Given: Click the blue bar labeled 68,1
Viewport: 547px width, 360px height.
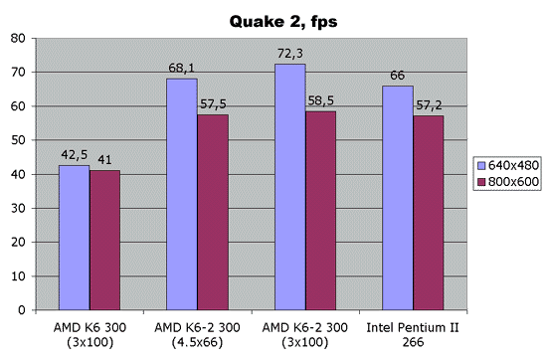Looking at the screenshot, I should point(182,194).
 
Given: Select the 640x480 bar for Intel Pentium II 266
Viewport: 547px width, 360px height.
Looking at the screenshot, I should point(398,198).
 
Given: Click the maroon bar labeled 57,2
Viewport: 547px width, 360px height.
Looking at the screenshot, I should point(428,213).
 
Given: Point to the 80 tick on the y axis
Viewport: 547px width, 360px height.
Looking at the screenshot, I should point(19,39).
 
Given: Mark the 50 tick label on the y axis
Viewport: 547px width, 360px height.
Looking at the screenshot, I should point(19,140).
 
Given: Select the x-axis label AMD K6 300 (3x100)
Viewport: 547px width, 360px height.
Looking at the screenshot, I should point(90,332).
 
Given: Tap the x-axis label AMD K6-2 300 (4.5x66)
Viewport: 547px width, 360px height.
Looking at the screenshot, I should point(197,332).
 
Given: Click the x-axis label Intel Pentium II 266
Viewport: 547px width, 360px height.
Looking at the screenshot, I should point(413,332).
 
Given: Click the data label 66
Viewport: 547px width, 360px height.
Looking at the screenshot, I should point(398,75).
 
